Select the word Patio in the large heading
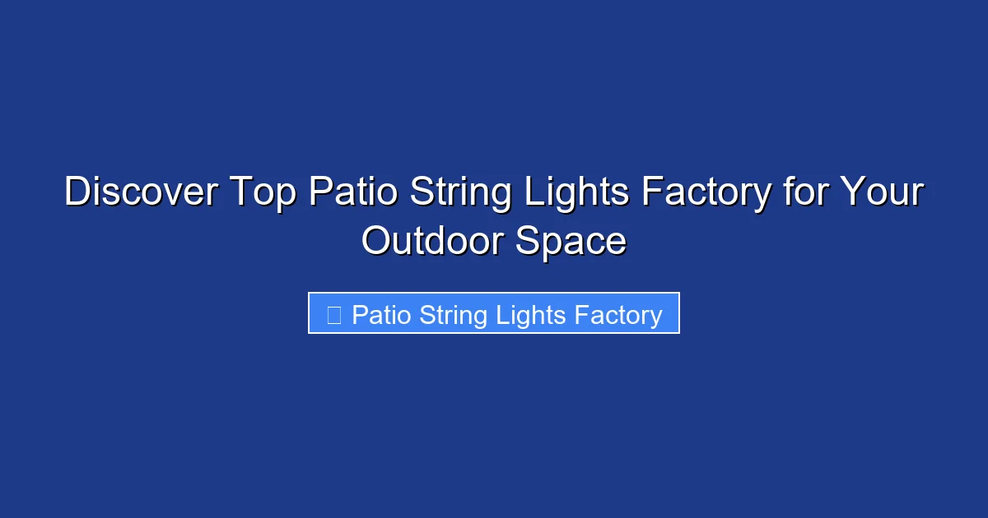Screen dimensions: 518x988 (x=352, y=193)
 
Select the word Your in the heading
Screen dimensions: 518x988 (x=882, y=193)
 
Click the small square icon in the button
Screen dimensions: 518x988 (x=333, y=315)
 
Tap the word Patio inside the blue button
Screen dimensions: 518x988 (x=382, y=315)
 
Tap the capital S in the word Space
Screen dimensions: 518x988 (x=528, y=242)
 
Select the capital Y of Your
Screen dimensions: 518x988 (x=851, y=193)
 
